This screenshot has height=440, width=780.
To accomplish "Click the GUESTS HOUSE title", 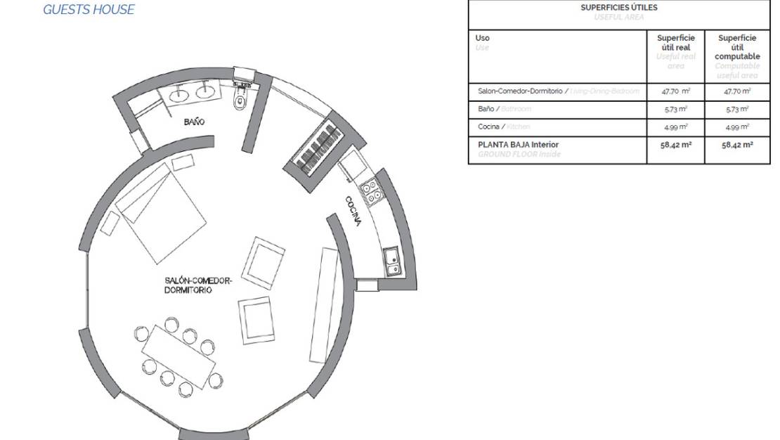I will [x=89, y=10].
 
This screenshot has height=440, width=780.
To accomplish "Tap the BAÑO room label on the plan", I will [x=194, y=122].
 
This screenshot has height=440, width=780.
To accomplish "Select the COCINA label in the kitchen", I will [x=353, y=210].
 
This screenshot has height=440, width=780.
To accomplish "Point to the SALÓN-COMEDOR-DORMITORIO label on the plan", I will [x=198, y=285].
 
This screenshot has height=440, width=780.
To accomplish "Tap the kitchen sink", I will [x=392, y=261].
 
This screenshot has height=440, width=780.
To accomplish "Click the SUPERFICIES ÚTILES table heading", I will [x=619, y=8].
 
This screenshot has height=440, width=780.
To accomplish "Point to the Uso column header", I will [x=483, y=38].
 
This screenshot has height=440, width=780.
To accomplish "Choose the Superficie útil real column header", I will [x=675, y=43].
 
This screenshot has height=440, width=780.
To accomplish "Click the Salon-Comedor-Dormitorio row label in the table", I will [x=520, y=91].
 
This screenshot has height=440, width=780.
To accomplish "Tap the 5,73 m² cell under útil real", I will [x=675, y=109].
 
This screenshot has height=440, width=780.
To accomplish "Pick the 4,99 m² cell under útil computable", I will [x=737, y=127].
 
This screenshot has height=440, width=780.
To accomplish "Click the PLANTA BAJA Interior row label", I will [x=519, y=145].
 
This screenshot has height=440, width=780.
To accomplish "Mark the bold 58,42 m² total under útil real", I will [x=675, y=145].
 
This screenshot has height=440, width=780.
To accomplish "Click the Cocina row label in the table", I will [x=489, y=127].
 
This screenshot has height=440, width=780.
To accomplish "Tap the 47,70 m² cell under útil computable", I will [x=737, y=91].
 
